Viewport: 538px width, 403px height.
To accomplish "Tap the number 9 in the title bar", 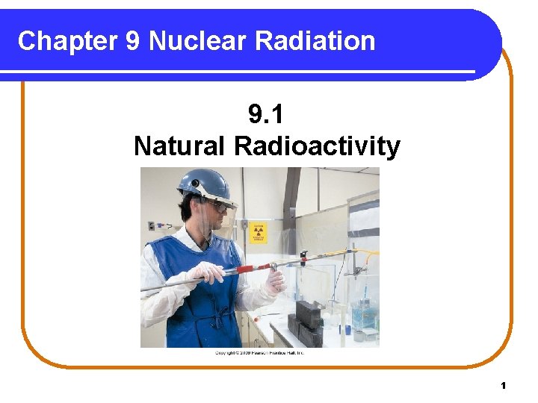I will [x=133, y=40].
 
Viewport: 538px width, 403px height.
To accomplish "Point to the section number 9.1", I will [x=267, y=116].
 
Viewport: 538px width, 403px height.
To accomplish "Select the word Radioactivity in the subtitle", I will [x=317, y=146].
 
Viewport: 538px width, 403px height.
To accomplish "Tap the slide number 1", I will [x=504, y=385].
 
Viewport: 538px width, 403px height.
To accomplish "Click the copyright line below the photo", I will [x=259, y=352].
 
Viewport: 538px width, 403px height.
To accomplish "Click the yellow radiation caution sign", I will [x=258, y=232].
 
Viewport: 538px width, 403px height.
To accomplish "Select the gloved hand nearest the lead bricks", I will [x=275, y=281].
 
